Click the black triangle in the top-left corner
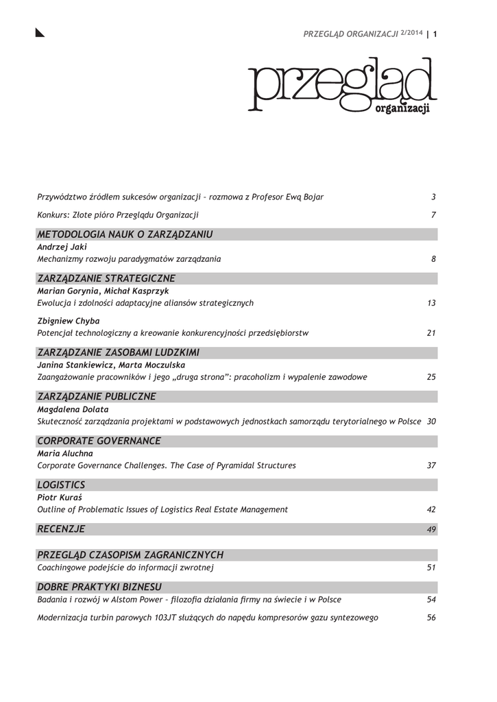point(40,33)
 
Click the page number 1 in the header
point(435,35)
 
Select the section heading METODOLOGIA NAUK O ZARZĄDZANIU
point(125,234)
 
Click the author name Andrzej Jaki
point(62,247)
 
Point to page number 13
point(431,303)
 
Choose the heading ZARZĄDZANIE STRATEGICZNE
point(106,278)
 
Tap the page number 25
point(431,377)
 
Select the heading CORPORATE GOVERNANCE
point(99,441)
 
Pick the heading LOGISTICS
point(61,485)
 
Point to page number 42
point(431,509)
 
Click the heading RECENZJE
point(61,529)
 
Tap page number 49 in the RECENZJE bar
point(431,530)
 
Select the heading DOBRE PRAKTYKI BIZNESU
point(99,587)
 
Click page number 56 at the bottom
point(431,618)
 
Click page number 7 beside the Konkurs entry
point(434,215)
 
